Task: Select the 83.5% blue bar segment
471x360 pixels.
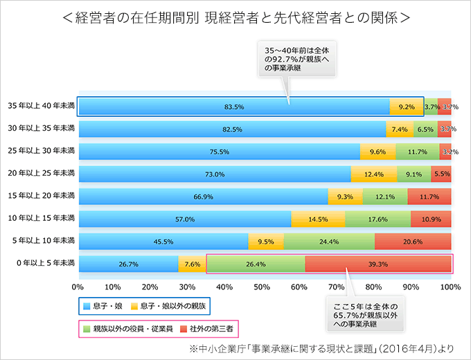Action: (x=234, y=107)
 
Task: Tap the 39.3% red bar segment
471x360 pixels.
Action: (x=377, y=264)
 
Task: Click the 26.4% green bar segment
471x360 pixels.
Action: (x=256, y=264)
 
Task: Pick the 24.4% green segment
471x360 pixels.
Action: (x=329, y=242)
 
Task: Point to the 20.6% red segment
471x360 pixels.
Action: (x=413, y=242)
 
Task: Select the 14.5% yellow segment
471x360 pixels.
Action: (x=318, y=219)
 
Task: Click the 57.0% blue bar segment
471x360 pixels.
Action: (x=185, y=219)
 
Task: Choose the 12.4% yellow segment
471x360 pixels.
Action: (x=374, y=174)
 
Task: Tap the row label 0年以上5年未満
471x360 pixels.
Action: (x=41, y=264)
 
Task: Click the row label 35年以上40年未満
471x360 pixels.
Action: (x=41, y=107)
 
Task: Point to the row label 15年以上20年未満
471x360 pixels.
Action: (x=41, y=197)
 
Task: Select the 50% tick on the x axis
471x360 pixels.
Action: (x=265, y=287)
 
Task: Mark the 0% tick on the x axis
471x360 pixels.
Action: (x=78, y=287)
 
